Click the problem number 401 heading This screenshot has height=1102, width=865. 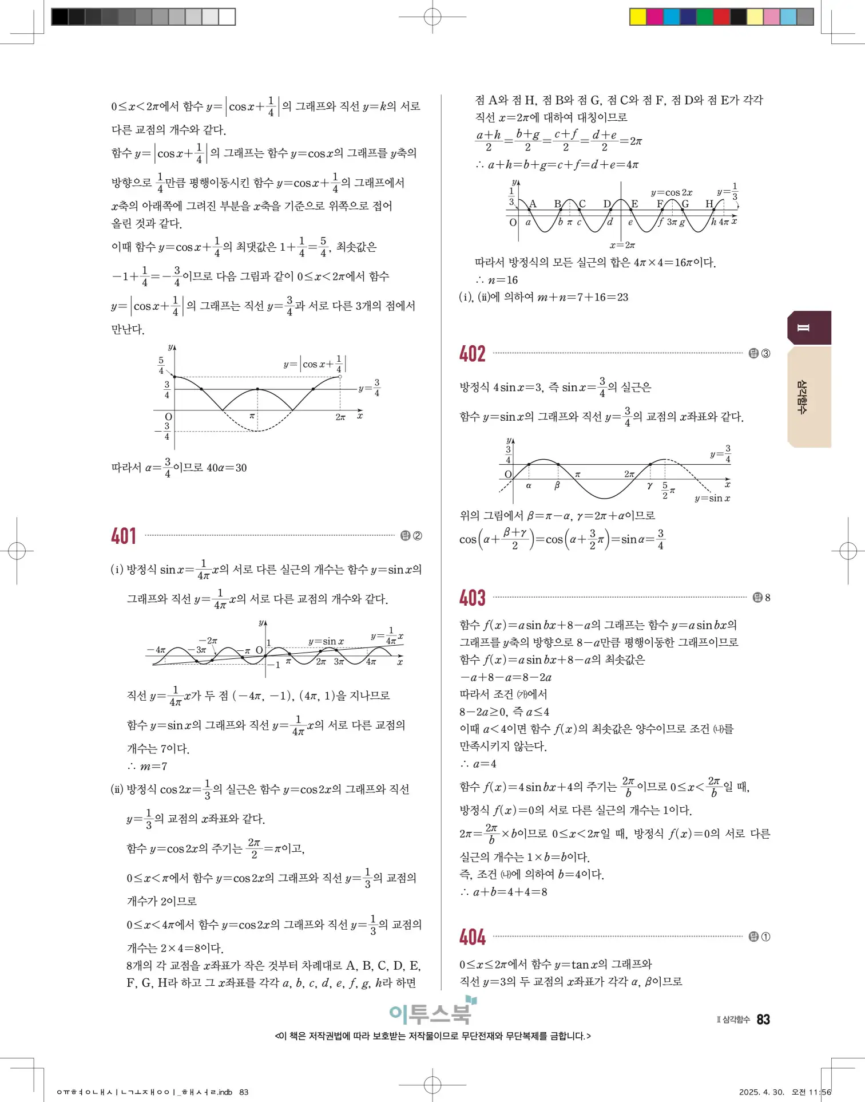pos(124,536)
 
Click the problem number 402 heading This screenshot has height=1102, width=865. pos(473,354)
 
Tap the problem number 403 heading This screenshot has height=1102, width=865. pos(473,598)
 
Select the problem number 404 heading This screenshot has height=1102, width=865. pos(473,937)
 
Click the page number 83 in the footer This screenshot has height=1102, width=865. pos(763,1020)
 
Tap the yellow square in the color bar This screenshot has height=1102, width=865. pos(637,17)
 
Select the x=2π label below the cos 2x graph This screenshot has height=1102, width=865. pos(622,245)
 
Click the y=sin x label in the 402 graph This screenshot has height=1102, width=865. pos(712,498)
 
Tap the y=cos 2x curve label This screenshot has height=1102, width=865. pos(671,192)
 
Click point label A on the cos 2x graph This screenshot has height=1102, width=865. pos(533,204)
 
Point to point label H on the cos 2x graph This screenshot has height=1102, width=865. pos(709,204)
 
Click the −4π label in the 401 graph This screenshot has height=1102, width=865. pos(156,650)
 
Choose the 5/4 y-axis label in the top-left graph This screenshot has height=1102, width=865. pos(161,365)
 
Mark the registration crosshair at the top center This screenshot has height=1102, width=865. pos(432,17)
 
